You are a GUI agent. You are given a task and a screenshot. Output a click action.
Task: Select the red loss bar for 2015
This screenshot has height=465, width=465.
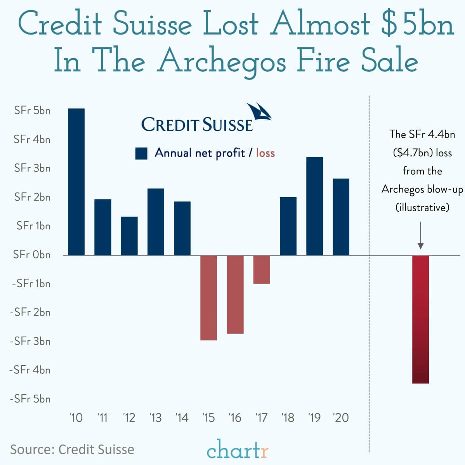click(x=208, y=298)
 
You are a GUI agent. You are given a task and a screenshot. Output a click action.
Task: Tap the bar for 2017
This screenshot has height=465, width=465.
click(x=262, y=269)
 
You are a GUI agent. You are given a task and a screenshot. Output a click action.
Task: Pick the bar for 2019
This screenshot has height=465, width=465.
click(x=314, y=206)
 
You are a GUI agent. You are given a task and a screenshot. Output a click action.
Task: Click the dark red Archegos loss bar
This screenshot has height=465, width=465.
click(x=420, y=319)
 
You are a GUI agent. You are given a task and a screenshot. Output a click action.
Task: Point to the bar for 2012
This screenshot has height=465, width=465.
click(x=129, y=236)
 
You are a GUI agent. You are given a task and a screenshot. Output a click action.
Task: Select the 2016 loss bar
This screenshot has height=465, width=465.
click(x=235, y=294)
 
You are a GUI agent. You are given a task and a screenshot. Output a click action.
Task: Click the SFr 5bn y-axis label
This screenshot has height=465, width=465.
click(x=32, y=111)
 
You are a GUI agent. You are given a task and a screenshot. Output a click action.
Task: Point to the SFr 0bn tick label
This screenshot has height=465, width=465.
click(x=32, y=255)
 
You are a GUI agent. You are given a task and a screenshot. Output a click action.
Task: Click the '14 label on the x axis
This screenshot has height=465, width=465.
click(x=182, y=418)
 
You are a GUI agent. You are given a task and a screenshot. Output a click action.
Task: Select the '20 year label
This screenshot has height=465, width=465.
click(x=341, y=418)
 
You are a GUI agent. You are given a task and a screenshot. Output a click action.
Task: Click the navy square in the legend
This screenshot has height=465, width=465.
click(x=141, y=153)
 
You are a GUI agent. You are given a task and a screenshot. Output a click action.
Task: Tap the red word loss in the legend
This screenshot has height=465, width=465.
click(x=265, y=153)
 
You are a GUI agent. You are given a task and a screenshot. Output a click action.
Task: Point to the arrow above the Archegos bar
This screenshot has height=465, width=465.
click(x=420, y=235)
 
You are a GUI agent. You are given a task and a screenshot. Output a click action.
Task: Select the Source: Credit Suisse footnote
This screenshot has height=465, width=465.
click(x=72, y=449)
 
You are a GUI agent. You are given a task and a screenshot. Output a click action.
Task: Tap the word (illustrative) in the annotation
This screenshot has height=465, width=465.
click(x=422, y=207)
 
